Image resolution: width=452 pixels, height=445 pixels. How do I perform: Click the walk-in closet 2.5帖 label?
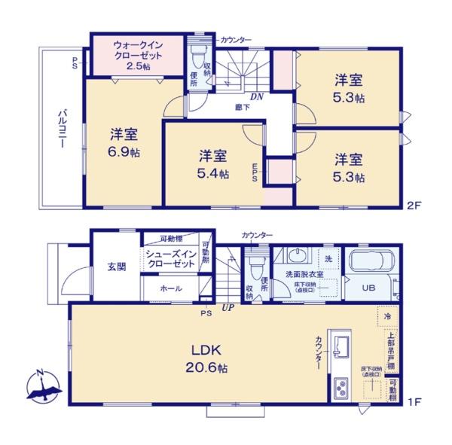click(x=138, y=55)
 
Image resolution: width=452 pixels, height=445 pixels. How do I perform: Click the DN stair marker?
click(x=257, y=96)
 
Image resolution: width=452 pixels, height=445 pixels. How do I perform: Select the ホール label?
click(x=169, y=288)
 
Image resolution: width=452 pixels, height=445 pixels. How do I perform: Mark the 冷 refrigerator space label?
click(x=386, y=319)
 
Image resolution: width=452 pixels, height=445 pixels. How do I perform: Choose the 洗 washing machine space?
click(x=328, y=259)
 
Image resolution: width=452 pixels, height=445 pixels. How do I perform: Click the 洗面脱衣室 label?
click(x=304, y=275)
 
